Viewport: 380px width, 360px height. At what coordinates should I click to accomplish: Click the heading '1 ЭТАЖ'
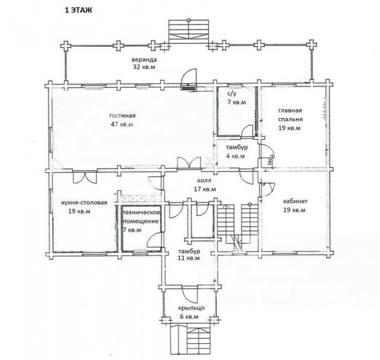tap(78, 10)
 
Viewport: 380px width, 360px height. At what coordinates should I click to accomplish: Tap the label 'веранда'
tap(144, 59)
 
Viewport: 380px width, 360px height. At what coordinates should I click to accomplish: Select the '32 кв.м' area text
tap(144, 67)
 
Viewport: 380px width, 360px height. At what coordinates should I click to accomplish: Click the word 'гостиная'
tap(122, 116)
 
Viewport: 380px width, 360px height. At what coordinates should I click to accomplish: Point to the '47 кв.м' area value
tap(122, 125)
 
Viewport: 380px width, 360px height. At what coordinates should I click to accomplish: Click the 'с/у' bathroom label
tap(232, 94)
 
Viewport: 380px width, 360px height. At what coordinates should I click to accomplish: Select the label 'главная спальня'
tap(290, 115)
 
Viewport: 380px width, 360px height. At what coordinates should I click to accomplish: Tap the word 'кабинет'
tap(295, 202)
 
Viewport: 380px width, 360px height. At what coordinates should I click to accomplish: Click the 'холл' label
tap(204, 181)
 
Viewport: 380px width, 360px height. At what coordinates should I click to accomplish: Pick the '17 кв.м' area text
tap(205, 189)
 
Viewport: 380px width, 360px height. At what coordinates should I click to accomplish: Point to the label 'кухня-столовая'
tap(84, 203)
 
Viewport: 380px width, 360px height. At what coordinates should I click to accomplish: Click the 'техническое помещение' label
tap(142, 217)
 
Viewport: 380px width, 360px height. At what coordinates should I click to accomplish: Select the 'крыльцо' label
tap(192, 308)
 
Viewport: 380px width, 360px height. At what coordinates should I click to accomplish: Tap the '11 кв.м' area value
tap(188, 258)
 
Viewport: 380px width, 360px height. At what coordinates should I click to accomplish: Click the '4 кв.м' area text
tap(235, 156)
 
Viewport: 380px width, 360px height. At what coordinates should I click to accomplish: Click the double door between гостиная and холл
tap(189, 163)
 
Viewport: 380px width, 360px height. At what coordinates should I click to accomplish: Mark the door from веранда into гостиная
tap(189, 79)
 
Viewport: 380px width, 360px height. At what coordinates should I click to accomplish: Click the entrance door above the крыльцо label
tap(190, 294)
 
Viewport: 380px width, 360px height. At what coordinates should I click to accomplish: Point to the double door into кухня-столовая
tap(85, 177)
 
